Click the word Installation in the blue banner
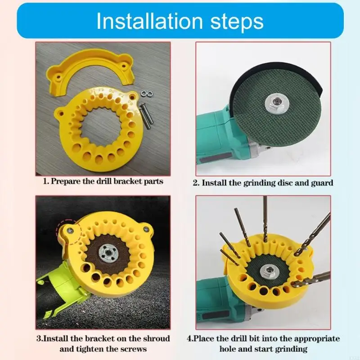pos(150,21)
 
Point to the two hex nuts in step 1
pos(147,93)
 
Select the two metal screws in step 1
pos(146,116)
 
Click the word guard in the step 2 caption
pos(322,183)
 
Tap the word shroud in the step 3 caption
pos(156,338)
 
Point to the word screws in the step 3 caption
pos(134,349)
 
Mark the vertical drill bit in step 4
pos(265,219)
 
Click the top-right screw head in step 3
pos(145,229)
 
